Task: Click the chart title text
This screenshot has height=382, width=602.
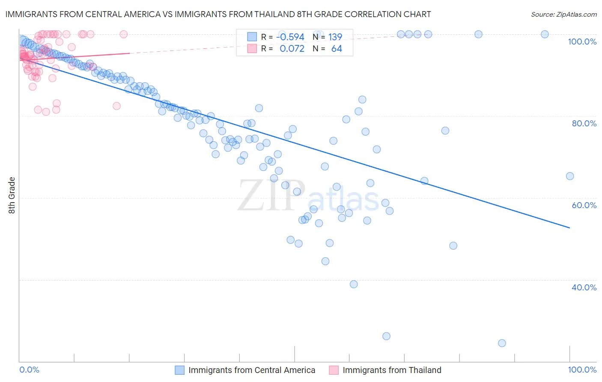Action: (x=218, y=14)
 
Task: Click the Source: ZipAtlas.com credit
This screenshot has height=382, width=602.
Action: (x=563, y=14)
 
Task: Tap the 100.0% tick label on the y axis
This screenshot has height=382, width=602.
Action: (x=582, y=42)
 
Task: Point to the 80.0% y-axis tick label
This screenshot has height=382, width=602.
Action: (x=584, y=123)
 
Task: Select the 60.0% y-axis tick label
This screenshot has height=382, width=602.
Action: (x=584, y=205)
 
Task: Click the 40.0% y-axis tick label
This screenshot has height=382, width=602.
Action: (x=584, y=287)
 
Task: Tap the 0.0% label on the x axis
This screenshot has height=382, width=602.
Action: (x=29, y=370)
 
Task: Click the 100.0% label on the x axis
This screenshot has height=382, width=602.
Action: (x=582, y=370)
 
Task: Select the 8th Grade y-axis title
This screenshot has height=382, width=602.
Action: (x=12, y=195)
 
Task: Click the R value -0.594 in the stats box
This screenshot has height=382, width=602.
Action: (x=290, y=37)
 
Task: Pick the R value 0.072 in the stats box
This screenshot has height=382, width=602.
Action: (x=292, y=49)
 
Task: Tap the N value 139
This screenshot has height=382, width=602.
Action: (x=335, y=37)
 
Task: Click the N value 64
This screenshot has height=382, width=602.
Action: (x=337, y=49)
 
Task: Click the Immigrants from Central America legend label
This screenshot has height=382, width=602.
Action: (x=251, y=370)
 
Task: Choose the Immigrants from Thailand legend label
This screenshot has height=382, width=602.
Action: (x=391, y=370)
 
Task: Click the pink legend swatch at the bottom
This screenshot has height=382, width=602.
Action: (x=334, y=370)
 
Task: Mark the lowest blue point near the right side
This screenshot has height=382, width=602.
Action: (x=502, y=343)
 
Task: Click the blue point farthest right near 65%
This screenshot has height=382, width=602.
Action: (x=569, y=176)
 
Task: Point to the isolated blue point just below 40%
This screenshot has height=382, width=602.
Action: (x=354, y=284)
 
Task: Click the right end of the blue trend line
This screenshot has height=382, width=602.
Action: (x=569, y=228)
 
